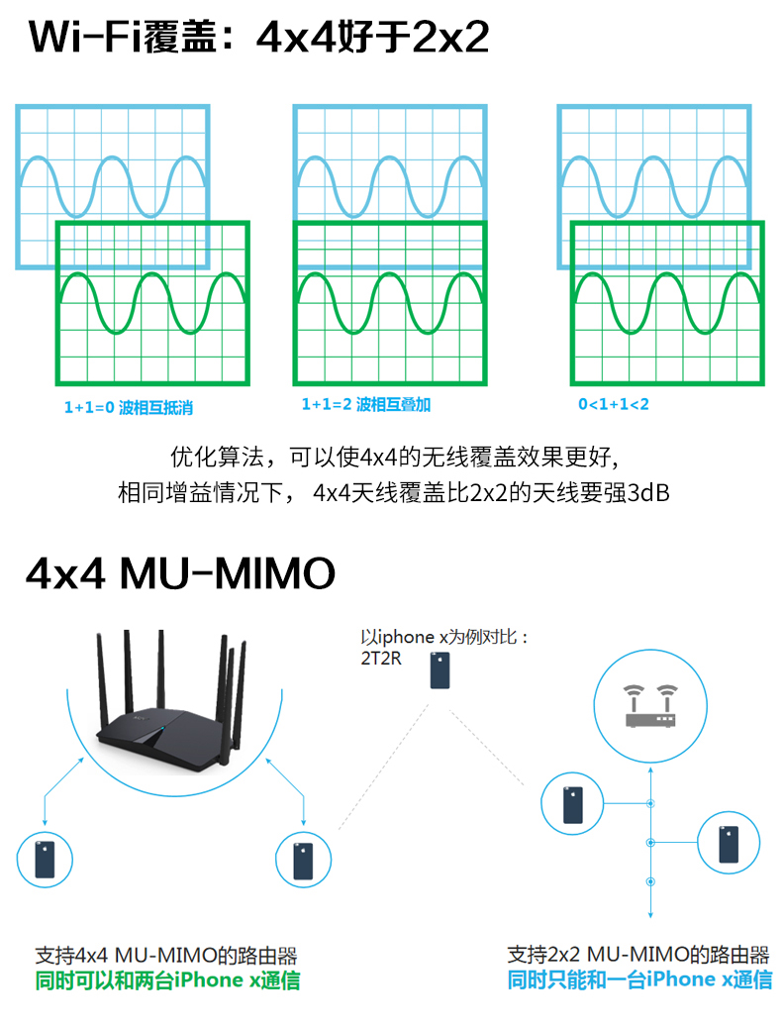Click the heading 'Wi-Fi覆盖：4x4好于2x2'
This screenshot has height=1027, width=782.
[259, 40]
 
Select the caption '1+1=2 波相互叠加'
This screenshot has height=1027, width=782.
[366, 405]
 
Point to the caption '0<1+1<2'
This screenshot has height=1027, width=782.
[614, 405]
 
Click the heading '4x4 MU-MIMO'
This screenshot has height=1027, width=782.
[181, 573]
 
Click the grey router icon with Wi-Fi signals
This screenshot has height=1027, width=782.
[649, 706]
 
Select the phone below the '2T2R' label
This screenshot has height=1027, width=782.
[440, 669]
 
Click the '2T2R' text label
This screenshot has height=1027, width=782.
[382, 658]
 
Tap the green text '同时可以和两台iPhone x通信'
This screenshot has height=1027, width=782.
[166, 981]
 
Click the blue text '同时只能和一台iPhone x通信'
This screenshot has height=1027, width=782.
[638, 980]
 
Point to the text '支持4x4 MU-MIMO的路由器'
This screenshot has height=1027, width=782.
[166, 956]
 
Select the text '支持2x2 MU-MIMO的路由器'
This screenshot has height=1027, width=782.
[638, 956]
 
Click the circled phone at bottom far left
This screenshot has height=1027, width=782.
[46, 858]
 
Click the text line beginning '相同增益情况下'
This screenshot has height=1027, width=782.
[394, 492]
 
